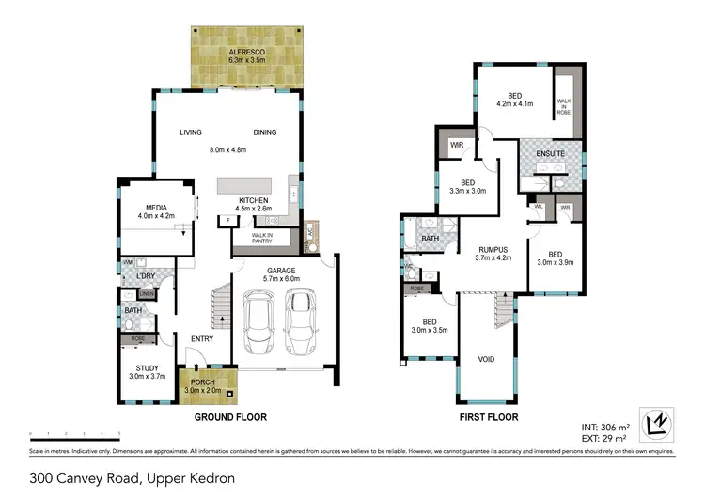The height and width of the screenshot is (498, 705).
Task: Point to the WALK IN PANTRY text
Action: pos(264,239)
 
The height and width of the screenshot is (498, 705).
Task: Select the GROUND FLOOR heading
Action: pos(230,415)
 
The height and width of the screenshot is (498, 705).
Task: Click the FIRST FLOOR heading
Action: pos(487,415)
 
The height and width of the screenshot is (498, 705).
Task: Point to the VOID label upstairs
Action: pos(486,359)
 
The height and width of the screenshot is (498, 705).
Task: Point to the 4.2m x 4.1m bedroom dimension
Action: pos(514,103)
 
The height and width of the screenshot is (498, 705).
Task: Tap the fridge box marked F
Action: pos(226,221)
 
